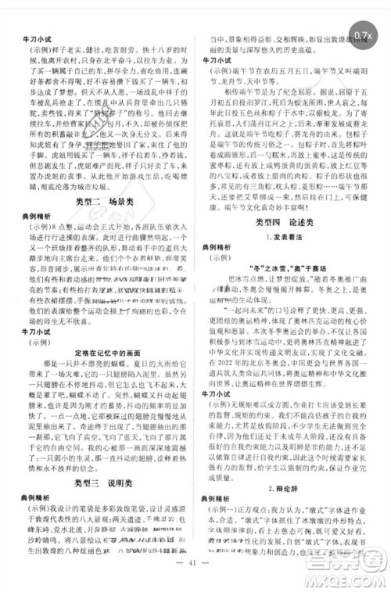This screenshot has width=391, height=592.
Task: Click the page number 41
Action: [x=195, y=581]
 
